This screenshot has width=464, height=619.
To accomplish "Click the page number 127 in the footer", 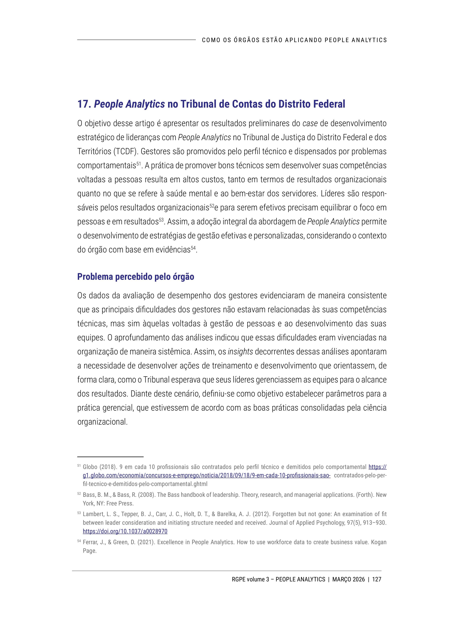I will (377, 579).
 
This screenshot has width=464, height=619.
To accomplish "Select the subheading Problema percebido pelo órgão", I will (136, 277).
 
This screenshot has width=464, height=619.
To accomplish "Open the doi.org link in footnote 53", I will (125, 531).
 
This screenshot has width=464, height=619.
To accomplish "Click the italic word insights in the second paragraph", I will (240, 352).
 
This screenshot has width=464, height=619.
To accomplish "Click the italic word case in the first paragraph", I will (310, 124).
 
